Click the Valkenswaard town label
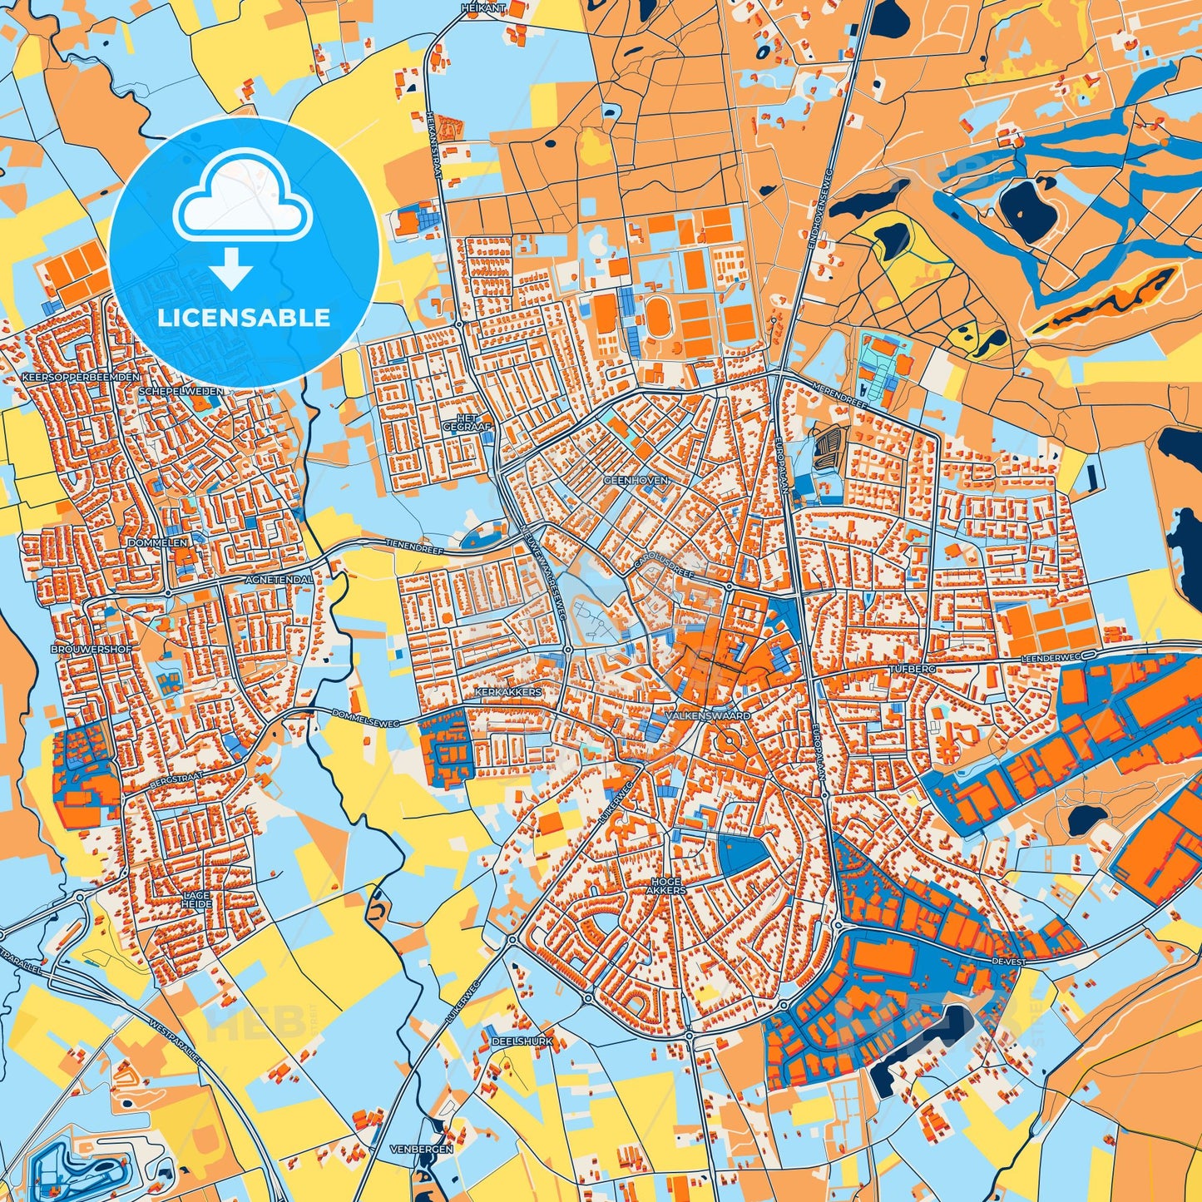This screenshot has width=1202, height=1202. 707,715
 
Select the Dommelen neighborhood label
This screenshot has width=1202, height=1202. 158,542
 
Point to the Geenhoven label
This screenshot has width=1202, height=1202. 636,480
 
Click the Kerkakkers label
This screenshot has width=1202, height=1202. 508,691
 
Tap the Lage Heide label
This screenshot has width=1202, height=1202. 197,899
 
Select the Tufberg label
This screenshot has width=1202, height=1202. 913,669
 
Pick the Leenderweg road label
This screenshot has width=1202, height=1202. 1049,658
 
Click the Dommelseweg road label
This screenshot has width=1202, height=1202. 366,719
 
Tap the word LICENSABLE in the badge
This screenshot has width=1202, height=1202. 245,318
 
